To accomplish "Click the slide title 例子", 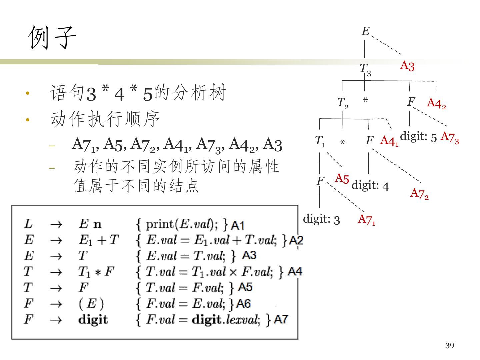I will point(52,37).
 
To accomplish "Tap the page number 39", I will point(450,346).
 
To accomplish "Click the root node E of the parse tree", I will point(365,31).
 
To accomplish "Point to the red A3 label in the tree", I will point(407,66).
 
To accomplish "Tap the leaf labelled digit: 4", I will point(370,185).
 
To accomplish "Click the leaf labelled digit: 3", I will point(321,219).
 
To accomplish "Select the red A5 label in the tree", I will point(342,178).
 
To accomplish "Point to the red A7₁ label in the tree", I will point(366,219).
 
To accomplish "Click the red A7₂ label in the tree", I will point(419,193).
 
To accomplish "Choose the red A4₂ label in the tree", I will point(436,103).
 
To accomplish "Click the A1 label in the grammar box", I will point(238,225).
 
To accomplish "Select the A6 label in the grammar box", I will point(243,304).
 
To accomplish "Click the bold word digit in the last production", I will point(93,319).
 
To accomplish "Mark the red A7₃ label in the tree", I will point(450,137).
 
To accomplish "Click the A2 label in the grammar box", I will point(296,240).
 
